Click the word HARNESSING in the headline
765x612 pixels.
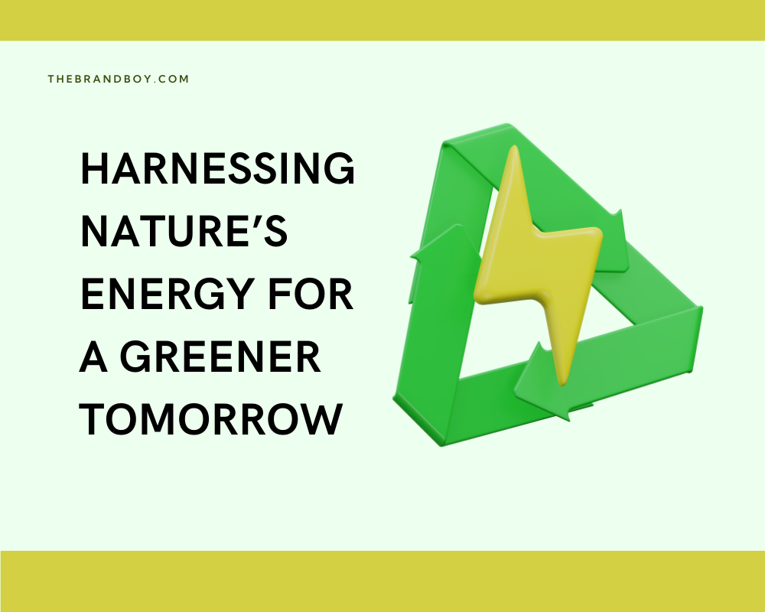(217, 169)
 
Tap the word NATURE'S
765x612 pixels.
(184, 233)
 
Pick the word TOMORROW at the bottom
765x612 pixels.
(210, 421)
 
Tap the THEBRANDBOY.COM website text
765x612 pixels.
(118, 79)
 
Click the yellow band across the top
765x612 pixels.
(382, 20)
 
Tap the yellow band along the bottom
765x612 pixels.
(382, 581)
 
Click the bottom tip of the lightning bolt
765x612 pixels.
(563, 382)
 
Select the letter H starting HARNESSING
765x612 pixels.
(94, 169)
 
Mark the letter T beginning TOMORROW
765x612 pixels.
(94, 421)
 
